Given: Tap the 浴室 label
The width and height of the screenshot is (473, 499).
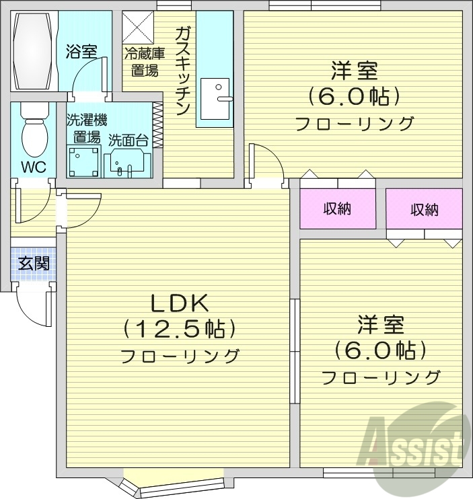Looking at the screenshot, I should click(81, 51).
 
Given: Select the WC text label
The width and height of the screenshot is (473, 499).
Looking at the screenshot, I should click(32, 166).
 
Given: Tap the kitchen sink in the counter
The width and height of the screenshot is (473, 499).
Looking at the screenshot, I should click(215, 98).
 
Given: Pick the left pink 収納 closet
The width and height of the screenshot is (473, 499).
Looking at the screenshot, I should click(337, 208).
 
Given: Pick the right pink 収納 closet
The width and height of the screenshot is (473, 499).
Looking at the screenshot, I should click(424, 209).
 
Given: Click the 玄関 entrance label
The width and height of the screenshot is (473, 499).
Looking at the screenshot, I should click(33, 263).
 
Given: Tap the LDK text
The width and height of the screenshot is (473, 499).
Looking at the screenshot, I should click(180, 303).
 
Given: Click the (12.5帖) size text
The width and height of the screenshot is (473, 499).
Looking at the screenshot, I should click(180, 329).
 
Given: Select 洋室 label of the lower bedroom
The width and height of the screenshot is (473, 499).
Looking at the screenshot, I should click(380, 324).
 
